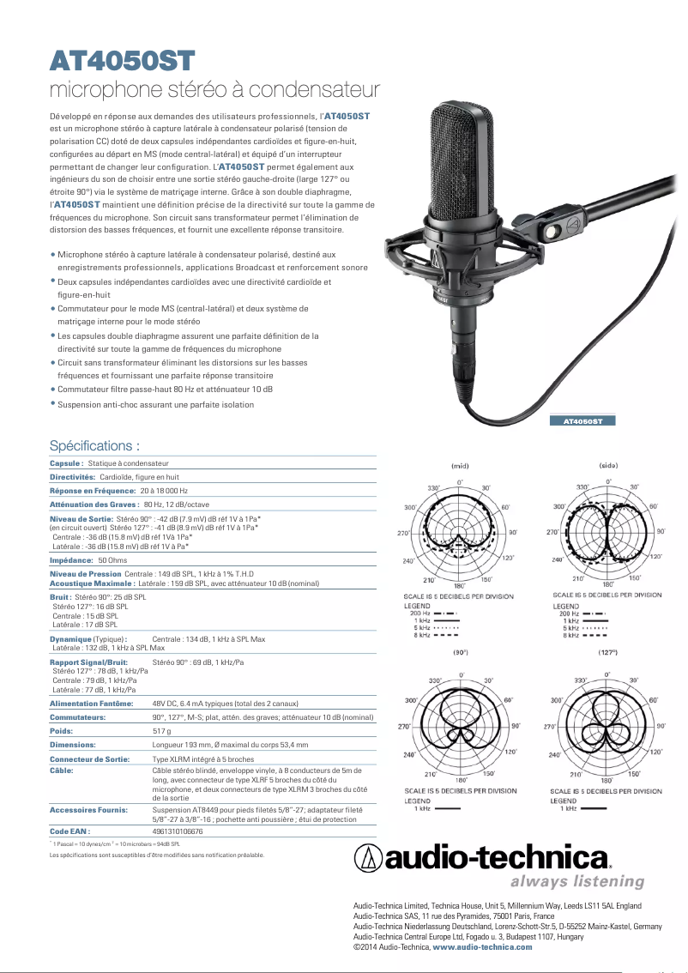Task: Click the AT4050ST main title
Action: click(x=123, y=61)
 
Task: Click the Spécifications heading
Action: click(x=94, y=446)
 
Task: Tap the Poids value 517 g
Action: click(x=161, y=730)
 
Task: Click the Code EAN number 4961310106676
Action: click(x=178, y=831)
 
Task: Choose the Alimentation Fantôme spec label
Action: click(x=92, y=703)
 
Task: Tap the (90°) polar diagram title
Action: click(x=460, y=653)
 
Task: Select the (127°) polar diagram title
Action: click(x=608, y=653)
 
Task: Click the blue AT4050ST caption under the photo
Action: click(x=582, y=421)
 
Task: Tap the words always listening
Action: click(x=576, y=881)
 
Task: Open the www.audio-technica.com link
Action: click(x=482, y=947)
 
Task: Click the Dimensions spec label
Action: click(x=73, y=745)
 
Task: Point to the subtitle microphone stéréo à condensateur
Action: click(x=214, y=89)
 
